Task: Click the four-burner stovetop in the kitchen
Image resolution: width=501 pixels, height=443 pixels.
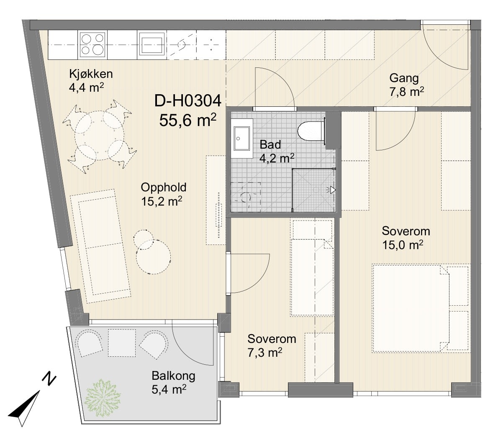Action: (x=92, y=45)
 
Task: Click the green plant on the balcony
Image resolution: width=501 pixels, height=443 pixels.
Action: (x=103, y=397)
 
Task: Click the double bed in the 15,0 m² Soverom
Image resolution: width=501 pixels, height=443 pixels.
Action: (x=421, y=309)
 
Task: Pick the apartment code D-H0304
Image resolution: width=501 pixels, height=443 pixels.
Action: (x=188, y=101)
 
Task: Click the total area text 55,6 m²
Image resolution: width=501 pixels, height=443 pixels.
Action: (x=188, y=120)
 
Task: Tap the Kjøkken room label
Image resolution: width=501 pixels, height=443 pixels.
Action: (x=91, y=74)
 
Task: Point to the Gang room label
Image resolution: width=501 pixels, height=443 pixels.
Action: (x=404, y=78)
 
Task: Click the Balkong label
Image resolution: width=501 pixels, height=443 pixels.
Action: (x=174, y=376)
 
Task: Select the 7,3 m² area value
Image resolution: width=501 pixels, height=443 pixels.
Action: (x=265, y=353)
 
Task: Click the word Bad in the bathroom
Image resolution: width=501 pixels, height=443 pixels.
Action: (x=270, y=144)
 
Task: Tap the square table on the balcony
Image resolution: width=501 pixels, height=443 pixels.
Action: (x=122, y=343)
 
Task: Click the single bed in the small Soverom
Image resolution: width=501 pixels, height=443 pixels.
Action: (x=312, y=268)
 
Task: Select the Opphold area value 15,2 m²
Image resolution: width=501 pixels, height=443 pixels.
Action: (x=162, y=202)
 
